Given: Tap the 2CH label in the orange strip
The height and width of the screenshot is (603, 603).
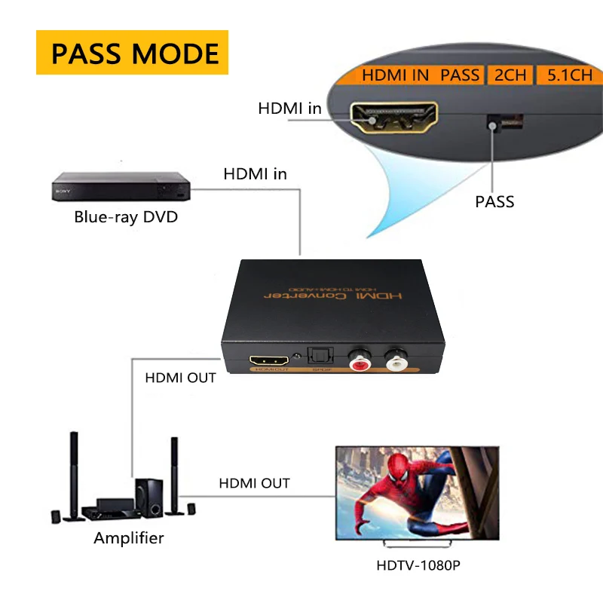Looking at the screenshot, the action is tap(510, 75).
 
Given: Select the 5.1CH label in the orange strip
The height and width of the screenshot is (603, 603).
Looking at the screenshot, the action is tap(569, 75).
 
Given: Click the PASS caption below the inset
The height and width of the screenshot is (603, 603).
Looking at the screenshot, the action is tap(494, 201).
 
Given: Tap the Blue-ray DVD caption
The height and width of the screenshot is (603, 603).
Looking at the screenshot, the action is tap(126, 218).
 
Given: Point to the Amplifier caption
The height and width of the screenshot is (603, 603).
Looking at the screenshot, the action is tap(128, 538).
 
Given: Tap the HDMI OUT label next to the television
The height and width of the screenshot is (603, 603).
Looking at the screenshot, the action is tap(254, 483).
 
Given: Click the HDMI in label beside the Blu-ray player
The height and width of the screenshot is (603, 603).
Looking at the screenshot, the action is tap(255, 174).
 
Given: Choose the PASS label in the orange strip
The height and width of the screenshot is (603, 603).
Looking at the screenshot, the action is tap(460, 75).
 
